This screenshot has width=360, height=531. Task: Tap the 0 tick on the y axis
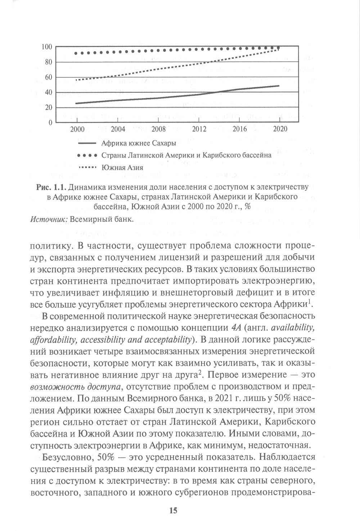pyautogui.click(x=51, y=122)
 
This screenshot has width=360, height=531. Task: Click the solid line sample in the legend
pyautogui.click(x=87, y=143)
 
